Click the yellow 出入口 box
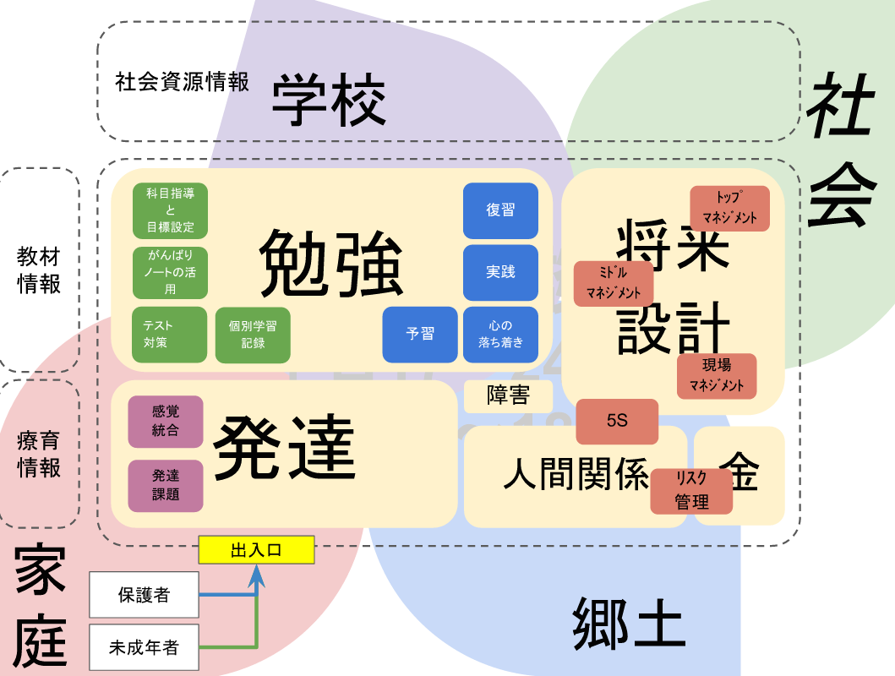256,550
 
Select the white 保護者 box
144,595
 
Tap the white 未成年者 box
144,648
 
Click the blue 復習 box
500,210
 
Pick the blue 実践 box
500,272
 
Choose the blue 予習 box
420,334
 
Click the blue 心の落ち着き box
500,334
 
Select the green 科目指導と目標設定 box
170,210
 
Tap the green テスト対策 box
170,334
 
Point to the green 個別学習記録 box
253,334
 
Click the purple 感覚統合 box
166,421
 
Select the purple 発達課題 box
166,485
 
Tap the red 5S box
617,421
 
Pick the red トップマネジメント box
730,208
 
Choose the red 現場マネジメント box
717,376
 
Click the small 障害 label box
508,396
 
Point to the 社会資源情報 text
183,82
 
